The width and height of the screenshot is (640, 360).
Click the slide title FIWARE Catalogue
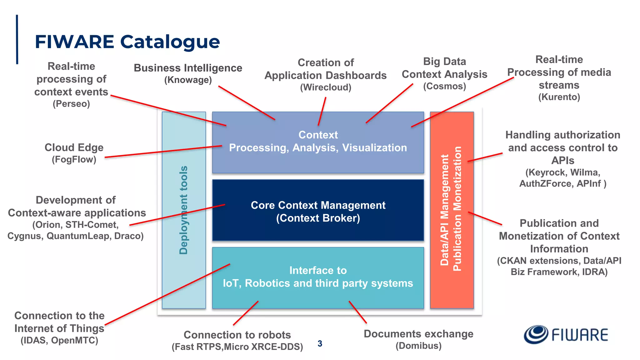coord(127,42)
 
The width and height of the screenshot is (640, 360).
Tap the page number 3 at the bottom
coord(320,344)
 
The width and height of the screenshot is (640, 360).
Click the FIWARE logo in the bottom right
coord(566,335)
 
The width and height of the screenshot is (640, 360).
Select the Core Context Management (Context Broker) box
coord(318,211)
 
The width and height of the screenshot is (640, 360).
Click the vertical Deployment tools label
coord(184,210)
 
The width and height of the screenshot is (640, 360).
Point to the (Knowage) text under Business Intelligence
coord(188,80)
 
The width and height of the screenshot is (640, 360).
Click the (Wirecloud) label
coord(326,87)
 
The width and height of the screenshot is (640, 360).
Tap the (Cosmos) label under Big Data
coord(444,86)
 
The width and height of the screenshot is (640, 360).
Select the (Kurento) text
coord(559,97)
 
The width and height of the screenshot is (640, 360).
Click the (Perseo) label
coord(71,104)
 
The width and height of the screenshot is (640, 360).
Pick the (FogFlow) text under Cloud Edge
coord(74,159)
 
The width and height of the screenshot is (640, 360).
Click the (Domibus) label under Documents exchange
coord(418,346)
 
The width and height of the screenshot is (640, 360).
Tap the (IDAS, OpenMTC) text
coord(59,340)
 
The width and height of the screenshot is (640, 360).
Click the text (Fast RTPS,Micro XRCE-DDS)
coord(237,347)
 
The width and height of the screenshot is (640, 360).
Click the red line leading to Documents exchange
coord(357,312)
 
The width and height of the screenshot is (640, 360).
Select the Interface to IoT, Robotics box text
coord(318,277)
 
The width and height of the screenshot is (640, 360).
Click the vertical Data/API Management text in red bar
coord(444,210)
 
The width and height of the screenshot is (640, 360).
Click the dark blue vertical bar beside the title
coord(17,39)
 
